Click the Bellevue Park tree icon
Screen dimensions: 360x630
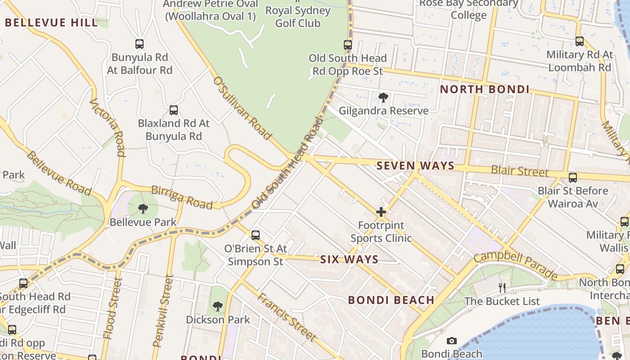pyautogui.click(x=143, y=208)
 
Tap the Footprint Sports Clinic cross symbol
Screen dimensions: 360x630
pyautogui.click(x=381, y=211)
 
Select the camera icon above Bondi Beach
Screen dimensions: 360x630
pyautogui.click(x=452, y=341)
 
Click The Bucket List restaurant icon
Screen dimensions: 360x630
pyautogui.click(x=502, y=288)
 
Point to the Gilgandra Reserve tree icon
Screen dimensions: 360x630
pyautogui.click(x=383, y=97)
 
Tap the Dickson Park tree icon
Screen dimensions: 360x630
pyautogui.click(x=218, y=306)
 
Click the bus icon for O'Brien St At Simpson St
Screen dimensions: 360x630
pyautogui.click(x=256, y=235)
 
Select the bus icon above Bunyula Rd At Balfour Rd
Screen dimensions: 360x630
pyautogui.click(x=139, y=44)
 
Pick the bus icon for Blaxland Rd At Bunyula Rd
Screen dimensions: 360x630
pyautogui.click(x=174, y=110)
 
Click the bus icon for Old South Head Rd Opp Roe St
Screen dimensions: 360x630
pyautogui.click(x=348, y=45)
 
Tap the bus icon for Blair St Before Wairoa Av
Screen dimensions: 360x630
pyautogui.click(x=573, y=178)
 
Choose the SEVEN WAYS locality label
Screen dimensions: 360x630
pyautogui.click(x=415, y=166)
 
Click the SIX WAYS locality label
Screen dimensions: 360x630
pyautogui.click(x=349, y=260)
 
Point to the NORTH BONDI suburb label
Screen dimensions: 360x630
pyautogui.click(x=485, y=89)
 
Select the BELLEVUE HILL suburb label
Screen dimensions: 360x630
pyautogui.click(x=51, y=22)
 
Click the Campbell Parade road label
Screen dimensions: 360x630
pyautogui.click(x=515, y=265)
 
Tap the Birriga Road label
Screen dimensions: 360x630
pyautogui.click(x=182, y=197)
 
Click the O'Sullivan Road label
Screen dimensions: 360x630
pyautogui.click(x=242, y=108)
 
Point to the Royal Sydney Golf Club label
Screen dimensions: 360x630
pyautogui.click(x=298, y=17)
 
